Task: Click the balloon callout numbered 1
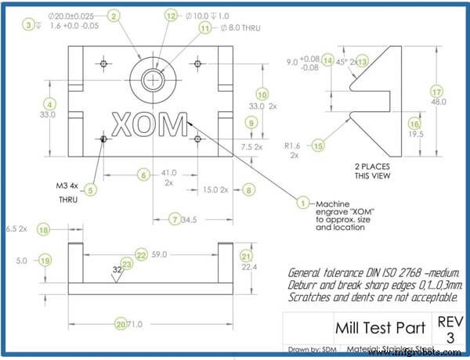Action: [x=303, y=201]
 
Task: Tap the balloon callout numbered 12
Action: [x=172, y=16]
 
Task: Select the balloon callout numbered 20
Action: [x=121, y=324]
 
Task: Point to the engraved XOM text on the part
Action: [x=150, y=125]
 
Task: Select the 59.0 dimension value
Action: [x=159, y=255]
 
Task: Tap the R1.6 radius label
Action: [x=291, y=146]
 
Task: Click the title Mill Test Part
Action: [x=381, y=325]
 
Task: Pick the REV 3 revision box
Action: [x=445, y=329]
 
